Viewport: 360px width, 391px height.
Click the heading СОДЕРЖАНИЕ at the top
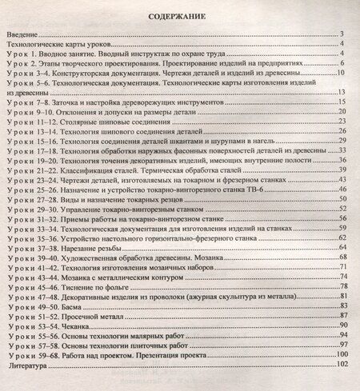180,14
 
